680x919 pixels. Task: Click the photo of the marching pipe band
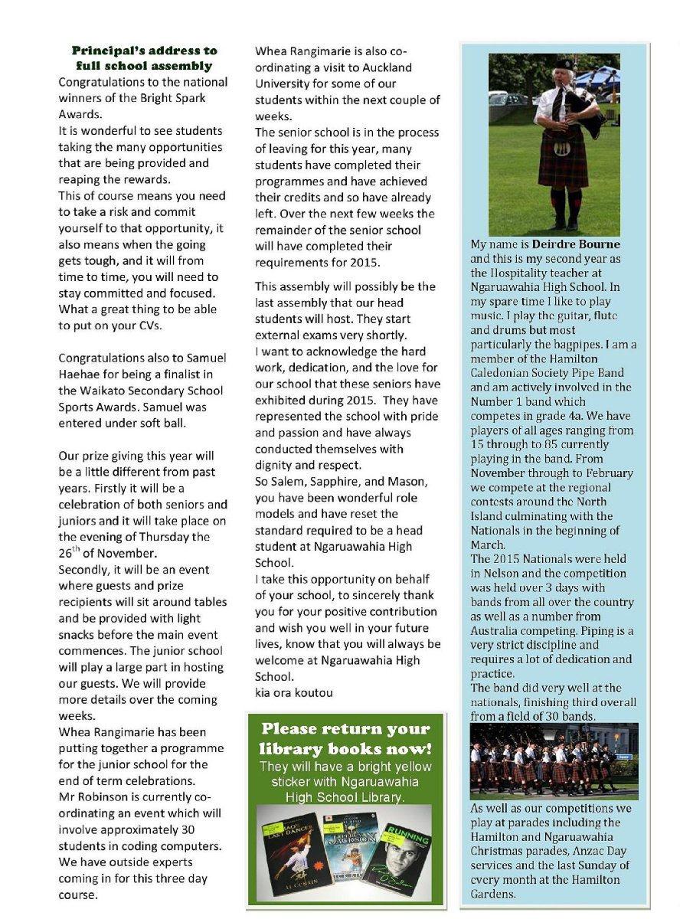coord(553,761)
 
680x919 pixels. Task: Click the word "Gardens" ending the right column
coord(492,894)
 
